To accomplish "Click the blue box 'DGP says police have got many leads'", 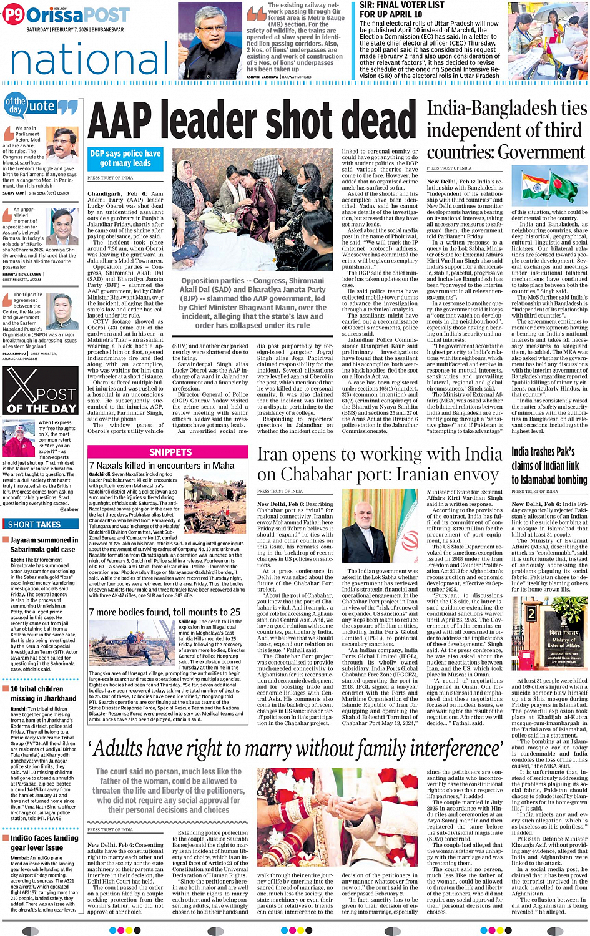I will pyautogui.click(x=125, y=158).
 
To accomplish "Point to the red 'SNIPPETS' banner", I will pyautogui.click(x=170, y=451).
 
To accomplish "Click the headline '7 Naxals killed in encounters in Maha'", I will pyautogui.click(x=162, y=465).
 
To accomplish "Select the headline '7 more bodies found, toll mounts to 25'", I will pyautogui.click(x=164, y=612).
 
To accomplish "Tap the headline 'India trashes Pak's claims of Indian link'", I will pyautogui.click(x=548, y=465).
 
